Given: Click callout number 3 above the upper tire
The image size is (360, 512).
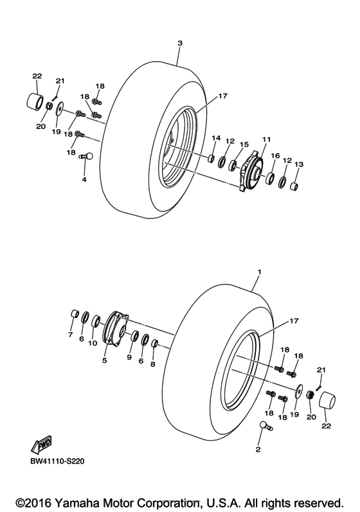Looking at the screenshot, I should (x=180, y=42).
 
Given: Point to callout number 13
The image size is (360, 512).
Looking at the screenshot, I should (x=297, y=164).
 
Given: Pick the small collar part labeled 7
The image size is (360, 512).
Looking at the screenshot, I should (x=75, y=315).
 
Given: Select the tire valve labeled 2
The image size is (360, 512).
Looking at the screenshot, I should (x=264, y=425).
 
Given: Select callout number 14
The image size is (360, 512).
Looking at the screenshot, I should (x=216, y=138).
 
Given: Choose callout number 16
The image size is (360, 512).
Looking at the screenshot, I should (x=274, y=155).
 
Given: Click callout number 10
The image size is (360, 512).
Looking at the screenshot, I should (x=93, y=342).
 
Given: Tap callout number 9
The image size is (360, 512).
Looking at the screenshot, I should (x=130, y=357).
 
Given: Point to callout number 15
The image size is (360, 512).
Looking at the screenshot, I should (x=244, y=144).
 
